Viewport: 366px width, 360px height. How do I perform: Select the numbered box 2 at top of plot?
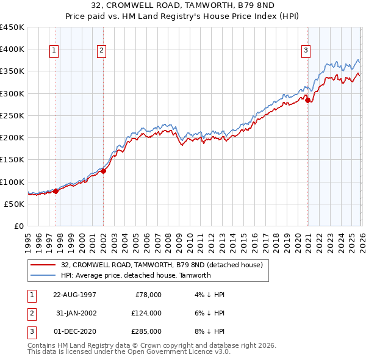click(102, 51)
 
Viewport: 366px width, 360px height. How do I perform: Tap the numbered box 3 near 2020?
click(306, 51)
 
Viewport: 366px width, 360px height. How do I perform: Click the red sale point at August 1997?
click(56, 191)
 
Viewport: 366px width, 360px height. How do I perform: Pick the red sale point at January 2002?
click(103, 171)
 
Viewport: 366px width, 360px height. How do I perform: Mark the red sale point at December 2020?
click(307, 100)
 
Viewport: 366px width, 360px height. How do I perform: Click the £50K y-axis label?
click(15, 204)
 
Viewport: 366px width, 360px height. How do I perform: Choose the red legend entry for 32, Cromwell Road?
click(162, 265)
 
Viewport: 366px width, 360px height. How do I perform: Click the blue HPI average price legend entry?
click(135, 275)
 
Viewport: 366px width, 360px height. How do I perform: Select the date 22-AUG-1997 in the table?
click(74, 295)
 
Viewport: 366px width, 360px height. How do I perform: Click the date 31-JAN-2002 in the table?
click(74, 313)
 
